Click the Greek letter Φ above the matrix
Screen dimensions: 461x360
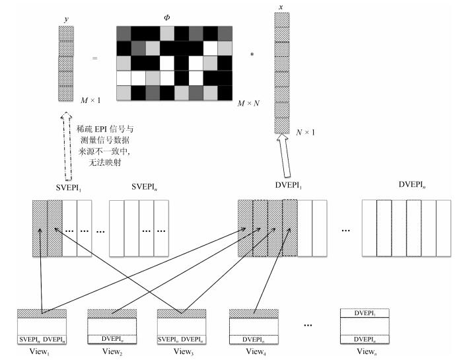tap(166, 18)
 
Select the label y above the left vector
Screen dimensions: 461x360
tap(66, 19)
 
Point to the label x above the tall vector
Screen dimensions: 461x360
tap(281, 7)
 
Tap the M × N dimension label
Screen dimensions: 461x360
tap(248, 103)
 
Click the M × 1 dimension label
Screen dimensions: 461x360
tap(90, 100)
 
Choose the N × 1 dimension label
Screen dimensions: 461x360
tap(305, 132)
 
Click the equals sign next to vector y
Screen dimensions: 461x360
tap(94, 58)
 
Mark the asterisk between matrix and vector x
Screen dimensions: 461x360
tap(252, 54)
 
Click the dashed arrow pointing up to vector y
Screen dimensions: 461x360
tap(67, 146)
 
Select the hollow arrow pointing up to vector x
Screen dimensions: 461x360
tap(284, 156)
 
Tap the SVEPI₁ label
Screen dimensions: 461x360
tap(69, 188)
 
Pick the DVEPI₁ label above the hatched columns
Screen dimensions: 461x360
tap(289, 186)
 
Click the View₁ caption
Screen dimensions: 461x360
tap(39, 351)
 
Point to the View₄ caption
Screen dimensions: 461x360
tap(256, 351)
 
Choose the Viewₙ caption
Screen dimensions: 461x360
tap(367, 351)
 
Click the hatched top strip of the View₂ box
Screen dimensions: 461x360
tap(112, 314)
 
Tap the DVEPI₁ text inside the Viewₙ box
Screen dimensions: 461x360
tap(365, 314)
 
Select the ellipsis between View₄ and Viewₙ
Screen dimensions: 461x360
tap(308, 325)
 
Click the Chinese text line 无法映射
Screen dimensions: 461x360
tap(105, 162)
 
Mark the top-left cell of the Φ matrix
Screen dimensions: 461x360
tap(124, 34)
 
